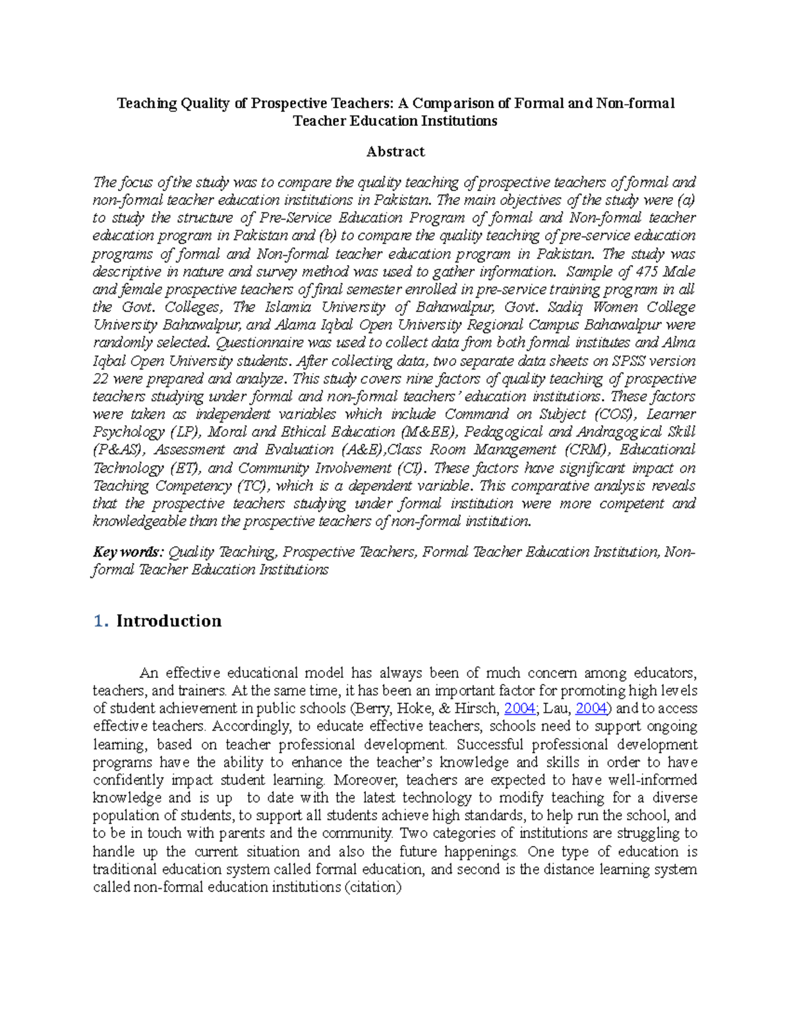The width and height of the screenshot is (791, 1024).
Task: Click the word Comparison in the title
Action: coord(454,104)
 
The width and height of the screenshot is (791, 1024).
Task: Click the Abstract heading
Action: coord(395,152)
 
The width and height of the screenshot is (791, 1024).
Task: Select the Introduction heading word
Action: coord(169,621)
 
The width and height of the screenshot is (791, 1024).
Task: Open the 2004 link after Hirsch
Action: coord(519,709)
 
